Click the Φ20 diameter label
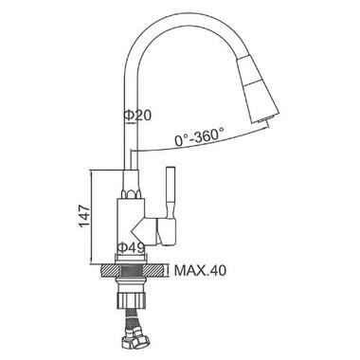137,116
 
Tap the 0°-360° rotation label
199,137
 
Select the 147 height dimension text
84,216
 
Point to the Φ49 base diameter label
131,247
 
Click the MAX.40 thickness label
200,270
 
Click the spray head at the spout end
258,90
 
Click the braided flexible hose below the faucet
131,318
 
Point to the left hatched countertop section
109,271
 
